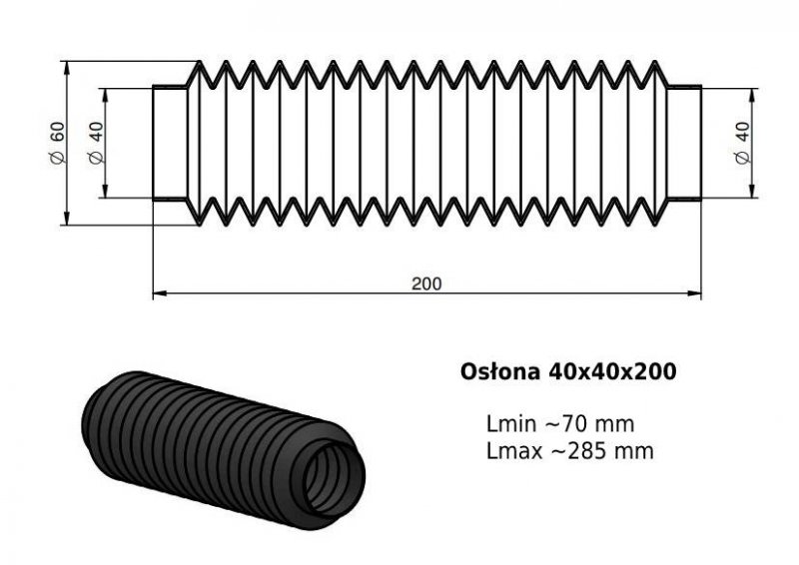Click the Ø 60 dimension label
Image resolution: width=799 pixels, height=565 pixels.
[58, 143]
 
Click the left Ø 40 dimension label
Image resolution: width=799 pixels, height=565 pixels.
[96, 143]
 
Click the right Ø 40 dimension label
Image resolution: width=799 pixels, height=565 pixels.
[743, 143]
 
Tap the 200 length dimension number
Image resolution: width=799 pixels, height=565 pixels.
[426, 283]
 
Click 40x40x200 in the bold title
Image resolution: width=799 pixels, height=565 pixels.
[612, 371]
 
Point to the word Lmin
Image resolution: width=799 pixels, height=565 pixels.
[511, 424]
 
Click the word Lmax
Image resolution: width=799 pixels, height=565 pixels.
[514, 451]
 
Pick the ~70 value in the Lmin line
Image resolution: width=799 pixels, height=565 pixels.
[565, 424]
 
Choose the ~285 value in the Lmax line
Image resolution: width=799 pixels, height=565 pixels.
[580, 451]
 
